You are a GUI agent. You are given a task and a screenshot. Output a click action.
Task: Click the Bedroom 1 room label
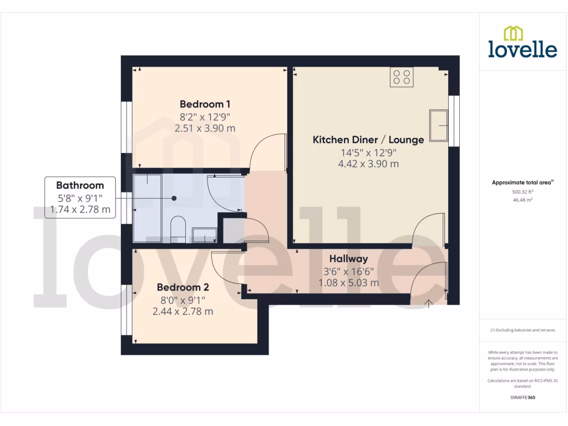coord(205,104)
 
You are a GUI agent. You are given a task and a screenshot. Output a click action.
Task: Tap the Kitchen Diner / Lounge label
coord(368,140)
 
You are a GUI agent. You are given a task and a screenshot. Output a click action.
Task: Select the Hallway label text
coord(348,259)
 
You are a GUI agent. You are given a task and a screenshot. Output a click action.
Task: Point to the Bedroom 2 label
coord(182,287)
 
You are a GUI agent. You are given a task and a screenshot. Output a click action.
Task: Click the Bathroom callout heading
coord(80,185)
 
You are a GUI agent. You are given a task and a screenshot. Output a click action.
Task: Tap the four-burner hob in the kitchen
coord(402,77)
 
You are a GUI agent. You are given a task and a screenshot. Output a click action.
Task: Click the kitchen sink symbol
coord(438,125)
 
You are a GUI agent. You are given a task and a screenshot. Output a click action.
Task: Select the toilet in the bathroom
coord(177,229)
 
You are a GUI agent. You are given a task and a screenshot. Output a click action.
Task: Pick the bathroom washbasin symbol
coord(204,235)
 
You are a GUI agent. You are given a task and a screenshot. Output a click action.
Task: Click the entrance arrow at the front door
coord(429,303)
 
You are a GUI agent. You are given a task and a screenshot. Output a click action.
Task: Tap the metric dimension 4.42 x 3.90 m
coord(368,164)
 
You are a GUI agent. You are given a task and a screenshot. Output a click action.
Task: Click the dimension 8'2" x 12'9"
coord(205,116)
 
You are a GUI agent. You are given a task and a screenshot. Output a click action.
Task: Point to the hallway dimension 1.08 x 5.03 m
coord(348,283)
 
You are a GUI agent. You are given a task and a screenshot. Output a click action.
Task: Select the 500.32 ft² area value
coord(523,192)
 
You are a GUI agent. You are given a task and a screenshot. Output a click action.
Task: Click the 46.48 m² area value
coord(523,200)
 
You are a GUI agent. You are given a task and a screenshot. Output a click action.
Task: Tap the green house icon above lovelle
coord(513,33)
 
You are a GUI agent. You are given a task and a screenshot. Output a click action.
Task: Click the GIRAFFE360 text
coord(523,397)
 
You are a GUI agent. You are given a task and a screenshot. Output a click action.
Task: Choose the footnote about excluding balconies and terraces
coord(523,330)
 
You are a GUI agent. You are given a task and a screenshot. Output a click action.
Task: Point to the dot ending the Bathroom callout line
coord(174,198)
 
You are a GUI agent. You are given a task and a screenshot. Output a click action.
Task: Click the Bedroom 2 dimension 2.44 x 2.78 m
coord(182,311)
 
